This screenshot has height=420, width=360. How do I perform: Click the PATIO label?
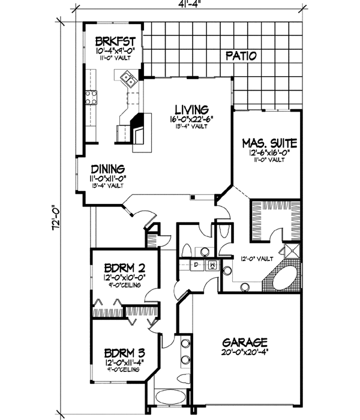coord(241,56)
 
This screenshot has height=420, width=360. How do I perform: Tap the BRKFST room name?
coord(114,42)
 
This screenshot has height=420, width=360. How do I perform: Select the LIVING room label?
coord(191,110)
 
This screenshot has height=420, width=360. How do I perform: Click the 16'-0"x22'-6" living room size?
coord(191,119)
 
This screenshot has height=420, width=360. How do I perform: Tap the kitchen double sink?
coord(128,77)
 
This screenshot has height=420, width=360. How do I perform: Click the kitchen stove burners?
coord(92,98)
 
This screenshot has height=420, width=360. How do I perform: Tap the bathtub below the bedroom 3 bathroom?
coord(172,398)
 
